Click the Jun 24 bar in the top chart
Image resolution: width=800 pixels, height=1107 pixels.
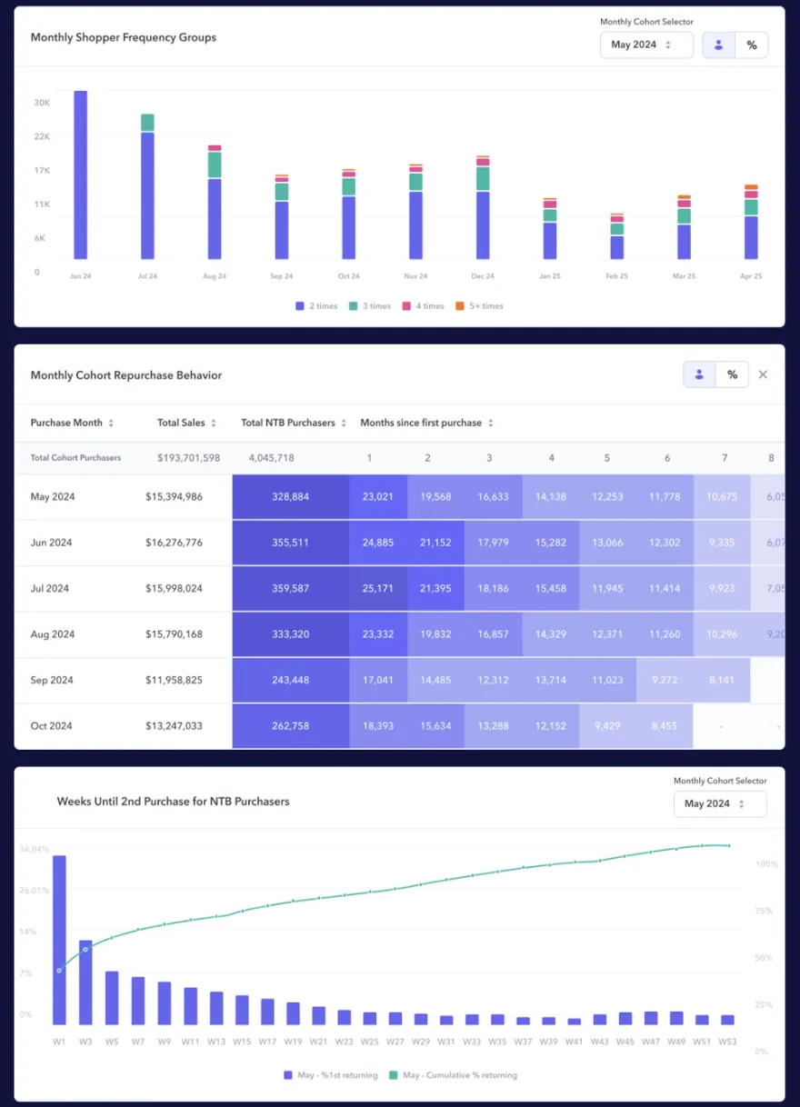click(x=80, y=175)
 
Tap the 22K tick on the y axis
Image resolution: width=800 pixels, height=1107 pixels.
click(x=42, y=136)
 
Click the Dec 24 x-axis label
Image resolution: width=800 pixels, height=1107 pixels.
click(x=483, y=276)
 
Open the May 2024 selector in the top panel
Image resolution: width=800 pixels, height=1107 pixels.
click(x=646, y=45)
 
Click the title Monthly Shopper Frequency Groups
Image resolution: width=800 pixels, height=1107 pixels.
click(x=124, y=38)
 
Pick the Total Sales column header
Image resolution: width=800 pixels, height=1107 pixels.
click(x=186, y=423)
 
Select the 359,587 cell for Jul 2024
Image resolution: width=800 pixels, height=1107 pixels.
click(x=290, y=589)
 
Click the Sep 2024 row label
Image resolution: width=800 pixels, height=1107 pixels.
click(x=51, y=681)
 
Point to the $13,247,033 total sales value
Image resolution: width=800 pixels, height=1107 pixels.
click(x=174, y=726)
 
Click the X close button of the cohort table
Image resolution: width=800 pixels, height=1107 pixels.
click(x=763, y=374)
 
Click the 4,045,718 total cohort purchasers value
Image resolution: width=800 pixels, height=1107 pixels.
click(x=271, y=458)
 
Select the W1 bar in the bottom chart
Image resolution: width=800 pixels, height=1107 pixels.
click(x=59, y=940)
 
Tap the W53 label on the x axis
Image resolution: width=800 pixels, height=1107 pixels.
click(x=726, y=1042)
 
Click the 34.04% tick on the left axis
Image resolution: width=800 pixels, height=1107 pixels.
click(x=34, y=850)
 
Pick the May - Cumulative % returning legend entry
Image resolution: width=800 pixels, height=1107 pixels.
click(x=452, y=1075)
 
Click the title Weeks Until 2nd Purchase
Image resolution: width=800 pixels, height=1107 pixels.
click(x=173, y=802)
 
